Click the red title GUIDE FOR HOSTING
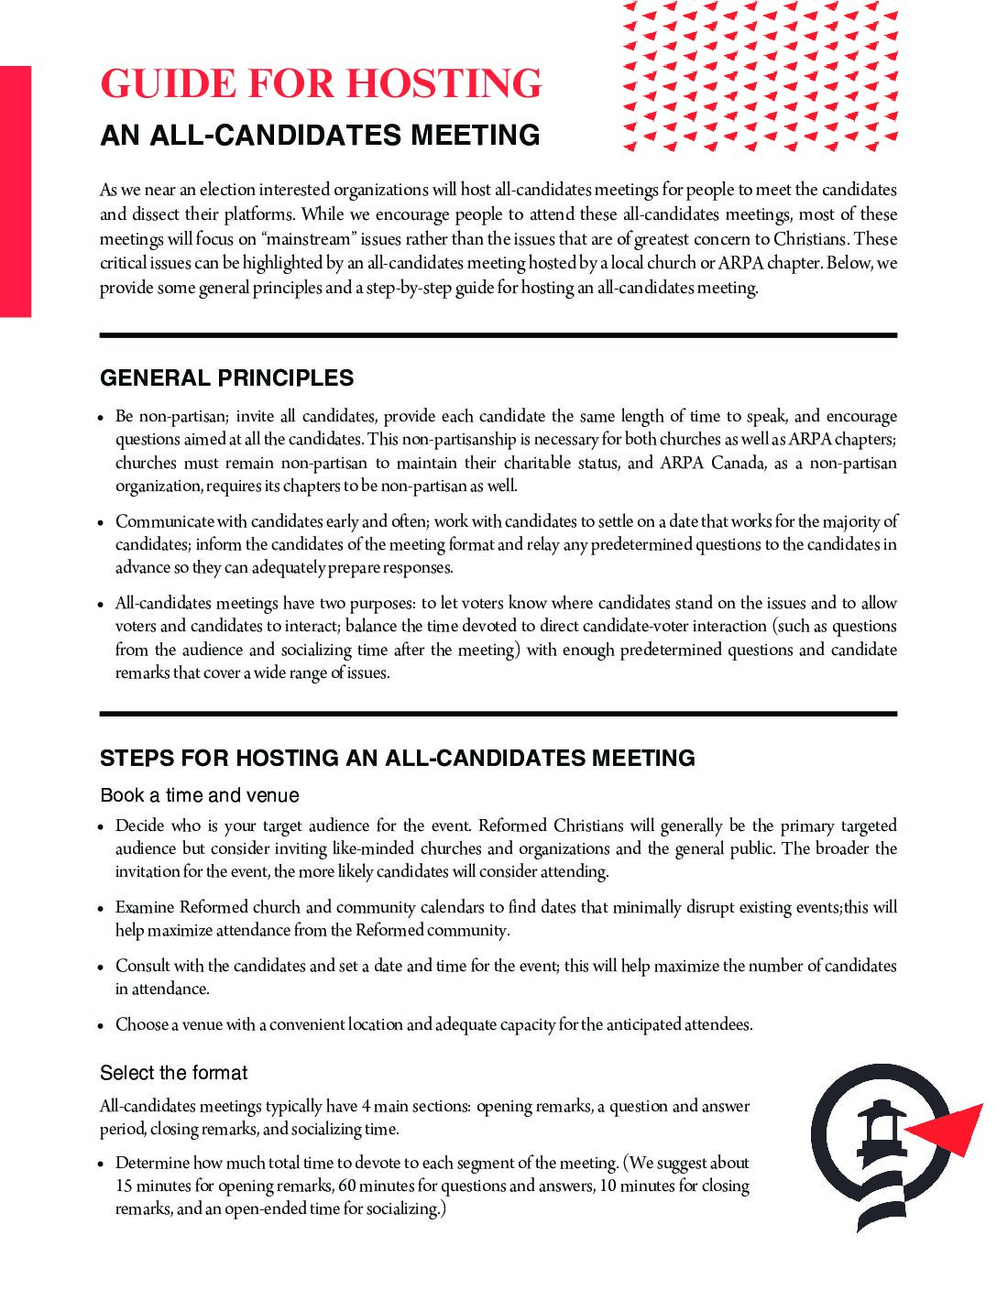pyautogui.click(x=321, y=83)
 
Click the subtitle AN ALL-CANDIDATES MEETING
pyautogui.click(x=320, y=136)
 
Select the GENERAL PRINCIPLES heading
pyautogui.click(x=226, y=378)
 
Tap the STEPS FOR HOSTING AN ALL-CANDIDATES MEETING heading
pyautogui.click(x=397, y=759)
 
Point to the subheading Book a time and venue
pyautogui.click(x=200, y=795)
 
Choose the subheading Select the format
pyautogui.click(x=173, y=1073)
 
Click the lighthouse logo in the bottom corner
pyautogui.click(x=881, y=1145)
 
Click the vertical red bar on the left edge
pyautogui.click(x=16, y=191)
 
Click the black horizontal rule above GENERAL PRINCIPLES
pyautogui.click(x=498, y=335)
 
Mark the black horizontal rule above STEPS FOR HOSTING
pyautogui.click(x=498, y=713)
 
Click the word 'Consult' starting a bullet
pyautogui.click(x=142, y=966)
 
